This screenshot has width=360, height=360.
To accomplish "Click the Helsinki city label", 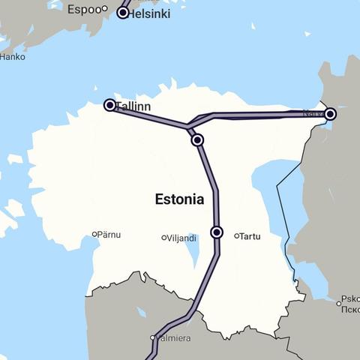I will [150, 13].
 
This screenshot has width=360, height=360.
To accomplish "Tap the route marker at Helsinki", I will [124, 13].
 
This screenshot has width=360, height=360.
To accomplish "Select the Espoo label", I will [83, 10].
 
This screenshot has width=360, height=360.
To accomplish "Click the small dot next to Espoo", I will [105, 10].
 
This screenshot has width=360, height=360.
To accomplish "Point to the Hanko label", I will [11, 56].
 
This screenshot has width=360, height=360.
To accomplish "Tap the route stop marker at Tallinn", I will [109, 105].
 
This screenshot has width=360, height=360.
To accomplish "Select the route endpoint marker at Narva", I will [330, 114].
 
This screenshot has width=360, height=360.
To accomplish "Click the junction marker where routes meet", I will [197, 139].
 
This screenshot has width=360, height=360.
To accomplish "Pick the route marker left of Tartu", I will [217, 232].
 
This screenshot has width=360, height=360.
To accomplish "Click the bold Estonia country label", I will [178, 199].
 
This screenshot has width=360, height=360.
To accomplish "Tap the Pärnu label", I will [109, 235].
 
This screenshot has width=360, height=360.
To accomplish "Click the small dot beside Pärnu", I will [94, 234].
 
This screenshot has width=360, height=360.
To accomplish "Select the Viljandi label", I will [182, 238].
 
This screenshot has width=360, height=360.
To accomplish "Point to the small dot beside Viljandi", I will [164, 238].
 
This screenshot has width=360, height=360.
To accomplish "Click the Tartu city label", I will [250, 236].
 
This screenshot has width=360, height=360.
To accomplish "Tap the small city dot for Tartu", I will [236, 235].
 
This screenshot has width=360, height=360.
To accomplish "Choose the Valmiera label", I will [173, 338].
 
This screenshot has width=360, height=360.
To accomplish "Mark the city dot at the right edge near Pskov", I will [337, 303].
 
